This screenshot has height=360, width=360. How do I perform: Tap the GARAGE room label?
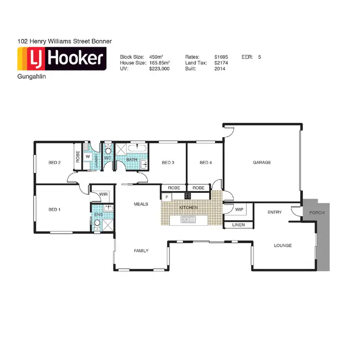pos(262,163)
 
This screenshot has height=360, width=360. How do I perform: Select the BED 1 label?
pos(55,209)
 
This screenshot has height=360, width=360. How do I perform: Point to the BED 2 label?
pos(55,163)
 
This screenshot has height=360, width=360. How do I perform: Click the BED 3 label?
pos(168,163)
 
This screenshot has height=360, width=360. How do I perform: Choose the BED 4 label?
pos(205,163)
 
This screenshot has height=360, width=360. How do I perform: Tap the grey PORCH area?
pos(317,213)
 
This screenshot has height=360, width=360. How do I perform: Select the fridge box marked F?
pos(167,197)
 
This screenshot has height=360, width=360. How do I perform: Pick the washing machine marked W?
pos(88,156)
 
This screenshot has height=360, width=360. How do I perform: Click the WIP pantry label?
pos(239,209)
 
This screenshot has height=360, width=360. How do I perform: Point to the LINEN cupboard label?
pos(239,225)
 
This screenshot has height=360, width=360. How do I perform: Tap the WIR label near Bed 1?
pos(103,194)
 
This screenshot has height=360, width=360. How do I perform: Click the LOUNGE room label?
pos(283,246)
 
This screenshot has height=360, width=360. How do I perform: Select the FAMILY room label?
pos(141,251)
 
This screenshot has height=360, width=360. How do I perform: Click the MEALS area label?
pos(141,204)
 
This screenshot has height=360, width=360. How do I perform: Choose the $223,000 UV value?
pos(159,69)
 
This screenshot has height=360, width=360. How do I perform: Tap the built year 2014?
pos(221,69)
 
